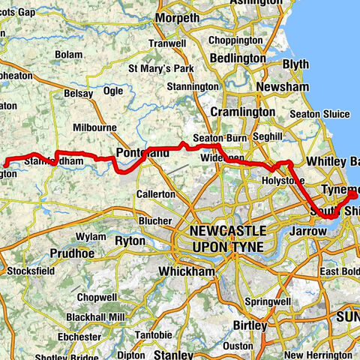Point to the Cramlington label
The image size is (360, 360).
click(242, 111)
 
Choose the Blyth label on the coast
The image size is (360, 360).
click(295, 64)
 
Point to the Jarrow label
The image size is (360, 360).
click(308, 232)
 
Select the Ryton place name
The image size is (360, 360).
click(129, 241)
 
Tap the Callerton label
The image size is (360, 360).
click(156, 194)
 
